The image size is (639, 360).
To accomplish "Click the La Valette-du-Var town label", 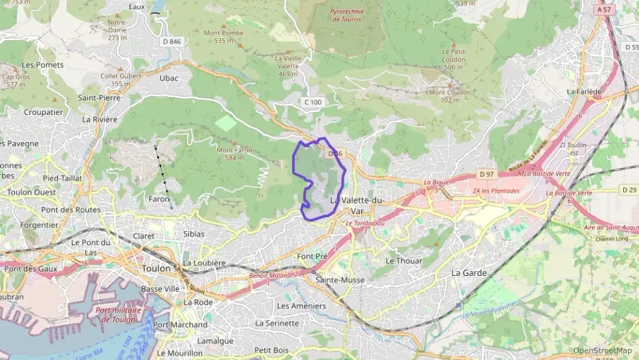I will click(356, 206).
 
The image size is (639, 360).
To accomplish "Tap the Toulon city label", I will click(156, 268).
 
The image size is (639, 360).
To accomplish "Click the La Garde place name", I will click(469, 273).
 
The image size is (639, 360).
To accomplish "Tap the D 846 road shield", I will click(171, 42).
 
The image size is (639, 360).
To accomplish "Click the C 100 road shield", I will click(313, 102).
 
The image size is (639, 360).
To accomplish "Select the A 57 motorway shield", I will click(603, 10).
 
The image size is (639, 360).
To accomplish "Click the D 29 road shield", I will click(629, 189).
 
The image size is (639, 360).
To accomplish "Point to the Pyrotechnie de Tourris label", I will click(345, 15).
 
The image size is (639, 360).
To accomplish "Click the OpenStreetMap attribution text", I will click(602, 350).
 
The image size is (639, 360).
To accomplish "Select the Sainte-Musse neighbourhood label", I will click(339, 280).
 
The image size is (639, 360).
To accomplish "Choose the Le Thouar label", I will click(404, 261).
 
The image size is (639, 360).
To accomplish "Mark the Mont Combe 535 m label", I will click(223, 36).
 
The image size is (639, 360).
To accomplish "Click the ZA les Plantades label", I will click(496, 191).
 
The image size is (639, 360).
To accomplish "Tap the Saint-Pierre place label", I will click(99, 98).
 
